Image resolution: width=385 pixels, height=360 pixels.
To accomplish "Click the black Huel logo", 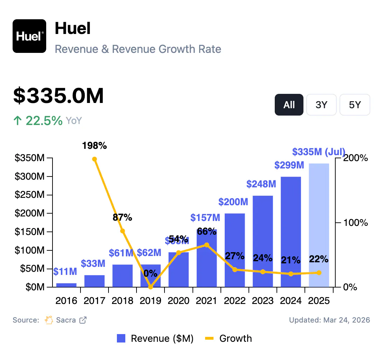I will point(29,36).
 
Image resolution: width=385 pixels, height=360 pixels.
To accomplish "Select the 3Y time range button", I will point(321,105).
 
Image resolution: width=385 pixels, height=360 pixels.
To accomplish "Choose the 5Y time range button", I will point(355,105).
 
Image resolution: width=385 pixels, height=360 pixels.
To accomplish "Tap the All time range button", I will point(289,105).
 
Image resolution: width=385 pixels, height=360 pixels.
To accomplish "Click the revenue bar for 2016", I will point(66,285).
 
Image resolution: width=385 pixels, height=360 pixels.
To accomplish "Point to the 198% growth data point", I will point(94,159).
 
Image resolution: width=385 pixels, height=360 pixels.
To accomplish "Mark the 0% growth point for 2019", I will point(150,287).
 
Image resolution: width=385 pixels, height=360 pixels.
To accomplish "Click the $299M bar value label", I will point(289,165).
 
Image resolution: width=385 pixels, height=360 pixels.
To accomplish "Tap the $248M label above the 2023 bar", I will point(261,184).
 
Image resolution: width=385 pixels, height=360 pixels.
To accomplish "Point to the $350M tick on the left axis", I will point(30,158).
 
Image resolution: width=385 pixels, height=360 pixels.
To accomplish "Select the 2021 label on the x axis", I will point(207,301).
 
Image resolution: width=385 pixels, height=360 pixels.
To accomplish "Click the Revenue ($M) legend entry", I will point(155,338).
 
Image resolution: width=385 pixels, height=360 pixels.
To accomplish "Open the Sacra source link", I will point(66,320).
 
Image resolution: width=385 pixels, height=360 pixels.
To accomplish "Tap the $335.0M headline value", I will point(58,96).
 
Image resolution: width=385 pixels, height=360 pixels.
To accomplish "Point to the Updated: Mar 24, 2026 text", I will point(329,320).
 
